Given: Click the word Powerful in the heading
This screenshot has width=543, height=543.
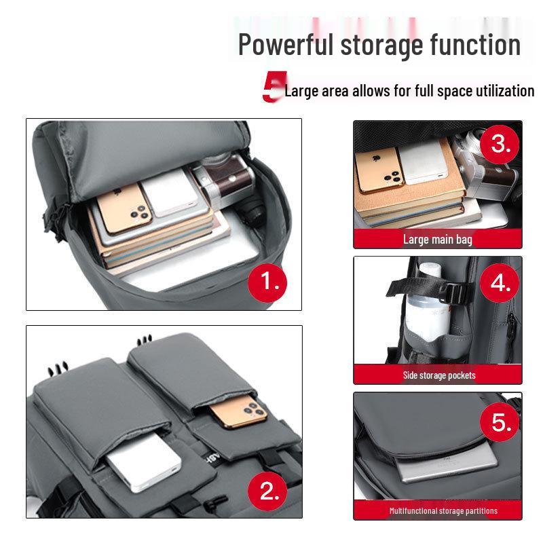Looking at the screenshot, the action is pyautogui.click(x=286, y=44).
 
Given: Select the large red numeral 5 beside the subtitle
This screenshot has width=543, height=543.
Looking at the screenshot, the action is pyautogui.click(x=274, y=87).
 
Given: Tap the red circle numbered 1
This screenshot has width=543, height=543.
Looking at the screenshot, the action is pyautogui.click(x=267, y=282).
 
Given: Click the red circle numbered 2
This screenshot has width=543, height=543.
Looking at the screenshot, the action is pyautogui.click(x=267, y=491).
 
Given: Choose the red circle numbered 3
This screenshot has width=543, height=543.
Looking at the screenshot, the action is pyautogui.click(x=500, y=144).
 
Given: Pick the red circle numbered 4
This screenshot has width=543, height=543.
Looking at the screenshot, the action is pyautogui.click(x=500, y=282).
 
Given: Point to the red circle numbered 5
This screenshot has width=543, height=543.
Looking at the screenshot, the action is pyautogui.click(x=500, y=422).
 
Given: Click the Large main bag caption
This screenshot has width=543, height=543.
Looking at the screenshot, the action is pyautogui.click(x=438, y=240).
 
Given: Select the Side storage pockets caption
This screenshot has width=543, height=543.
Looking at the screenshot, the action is pyautogui.click(x=439, y=375).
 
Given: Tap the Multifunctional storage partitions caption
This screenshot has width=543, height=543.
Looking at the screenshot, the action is pyautogui.click(x=443, y=511).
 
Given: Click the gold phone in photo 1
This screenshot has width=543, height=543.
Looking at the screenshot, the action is pyautogui.click(x=124, y=208).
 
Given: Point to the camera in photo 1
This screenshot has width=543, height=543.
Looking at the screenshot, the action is pyautogui.click(x=225, y=183).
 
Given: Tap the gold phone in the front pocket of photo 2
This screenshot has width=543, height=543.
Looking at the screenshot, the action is pyautogui.click(x=238, y=412).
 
